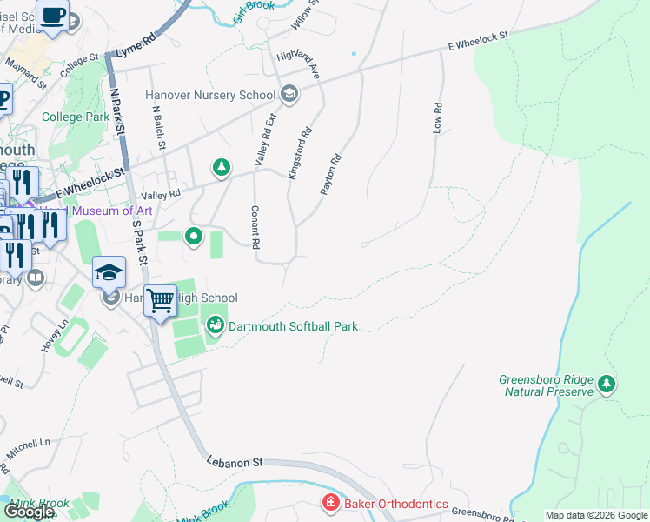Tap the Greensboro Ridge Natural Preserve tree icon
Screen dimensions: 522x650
click(607, 383)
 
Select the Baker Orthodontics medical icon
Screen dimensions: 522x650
click(330, 503)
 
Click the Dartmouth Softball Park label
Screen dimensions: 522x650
click(293, 327)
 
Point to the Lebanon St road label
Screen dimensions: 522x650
click(234, 463)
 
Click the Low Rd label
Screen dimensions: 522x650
click(438, 118)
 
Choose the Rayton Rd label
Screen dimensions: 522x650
click(331, 174)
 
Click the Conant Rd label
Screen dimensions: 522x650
click(255, 228)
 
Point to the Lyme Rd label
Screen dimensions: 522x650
click(135, 44)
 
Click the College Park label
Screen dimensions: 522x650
click(76, 117)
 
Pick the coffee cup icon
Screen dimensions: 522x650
click(53, 17)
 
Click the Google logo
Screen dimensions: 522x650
click(30, 512)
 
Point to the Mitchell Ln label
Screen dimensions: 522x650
click(28, 449)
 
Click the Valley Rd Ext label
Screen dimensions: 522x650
click(264, 139)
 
